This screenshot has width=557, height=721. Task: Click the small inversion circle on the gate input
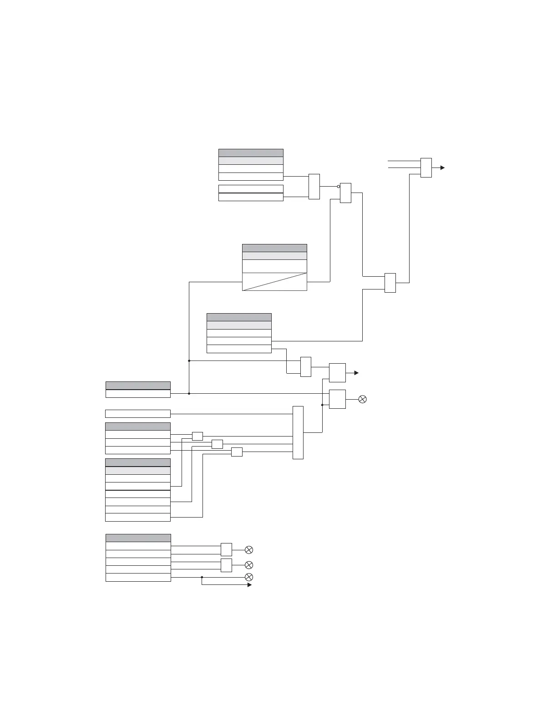pos(339,186)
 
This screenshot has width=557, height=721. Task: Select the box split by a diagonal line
pos(274,282)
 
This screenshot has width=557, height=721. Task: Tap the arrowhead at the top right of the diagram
pos(442,168)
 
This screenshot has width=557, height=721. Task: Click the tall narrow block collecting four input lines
pos(298,432)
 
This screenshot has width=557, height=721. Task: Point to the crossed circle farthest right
pos(363,399)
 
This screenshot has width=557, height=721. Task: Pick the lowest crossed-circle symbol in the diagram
pos(249,577)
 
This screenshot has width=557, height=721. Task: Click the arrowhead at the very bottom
pos(249,585)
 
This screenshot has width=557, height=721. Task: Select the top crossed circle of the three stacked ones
pos(249,550)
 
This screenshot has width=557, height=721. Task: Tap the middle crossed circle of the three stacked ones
pos(249,565)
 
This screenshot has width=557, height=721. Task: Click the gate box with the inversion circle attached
pos(346,193)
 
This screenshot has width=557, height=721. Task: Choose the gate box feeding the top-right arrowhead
pos(426,168)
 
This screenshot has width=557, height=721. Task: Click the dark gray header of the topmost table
pos(251,153)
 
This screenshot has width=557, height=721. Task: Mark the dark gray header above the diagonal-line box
pos(274,248)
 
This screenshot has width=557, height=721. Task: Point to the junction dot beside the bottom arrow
pos(202,577)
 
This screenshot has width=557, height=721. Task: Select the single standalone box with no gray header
pos(138,414)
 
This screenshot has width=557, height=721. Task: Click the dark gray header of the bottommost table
pos(138,538)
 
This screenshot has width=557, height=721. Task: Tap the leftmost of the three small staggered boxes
pos(197,436)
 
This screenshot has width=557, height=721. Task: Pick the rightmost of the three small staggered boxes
pos(237,452)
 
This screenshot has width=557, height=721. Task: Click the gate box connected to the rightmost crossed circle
pos(337,399)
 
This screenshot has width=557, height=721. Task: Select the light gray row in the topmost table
pos(251,161)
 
